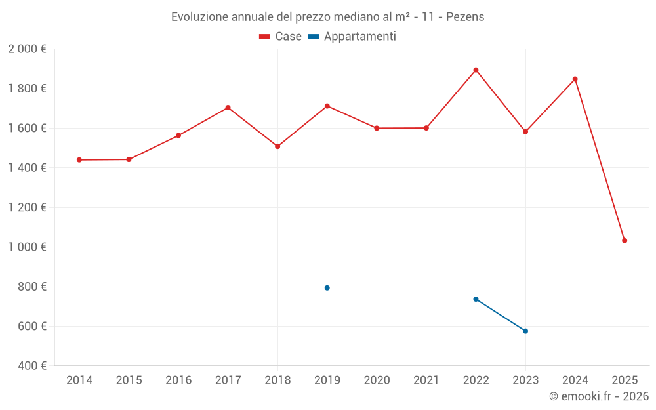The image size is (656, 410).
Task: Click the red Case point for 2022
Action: [476, 70]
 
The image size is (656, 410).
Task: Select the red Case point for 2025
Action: [625, 241]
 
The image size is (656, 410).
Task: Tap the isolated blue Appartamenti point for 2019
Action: [327, 288]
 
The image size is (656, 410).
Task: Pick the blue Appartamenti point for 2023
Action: [525, 331]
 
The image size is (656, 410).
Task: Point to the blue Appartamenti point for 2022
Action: [476, 299]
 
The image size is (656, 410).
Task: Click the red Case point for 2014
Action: [79, 160]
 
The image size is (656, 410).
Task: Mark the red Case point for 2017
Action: [228, 108]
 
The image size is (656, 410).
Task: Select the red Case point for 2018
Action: [277, 146]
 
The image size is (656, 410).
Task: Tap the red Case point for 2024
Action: [575, 79]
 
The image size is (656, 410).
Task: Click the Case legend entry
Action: [281, 37]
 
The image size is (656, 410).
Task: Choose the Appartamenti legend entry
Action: [352, 37]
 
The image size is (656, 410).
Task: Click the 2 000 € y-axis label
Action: [27, 49]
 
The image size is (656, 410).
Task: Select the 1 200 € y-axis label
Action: [27, 207]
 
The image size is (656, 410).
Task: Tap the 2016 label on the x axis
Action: [178, 380]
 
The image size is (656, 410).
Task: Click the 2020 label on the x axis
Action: [377, 380]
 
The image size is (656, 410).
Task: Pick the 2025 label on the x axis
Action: [625, 380]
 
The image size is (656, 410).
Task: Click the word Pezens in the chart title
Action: [465, 17]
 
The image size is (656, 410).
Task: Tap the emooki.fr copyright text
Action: [599, 396]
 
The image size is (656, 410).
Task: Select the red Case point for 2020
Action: [377, 129]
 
